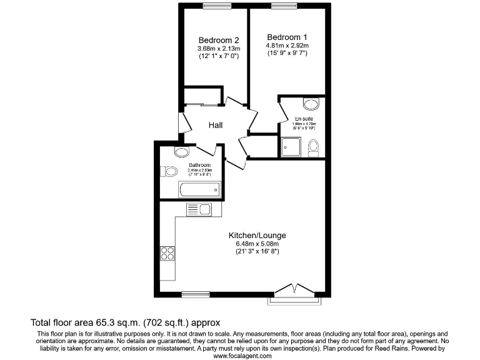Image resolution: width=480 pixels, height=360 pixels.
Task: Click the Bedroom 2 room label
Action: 214,39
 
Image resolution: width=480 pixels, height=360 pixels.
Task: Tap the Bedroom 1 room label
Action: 283,36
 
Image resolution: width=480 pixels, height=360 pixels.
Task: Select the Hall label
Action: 216,125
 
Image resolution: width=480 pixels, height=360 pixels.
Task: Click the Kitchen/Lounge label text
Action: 257,235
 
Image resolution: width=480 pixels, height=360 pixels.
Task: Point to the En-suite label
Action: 304,119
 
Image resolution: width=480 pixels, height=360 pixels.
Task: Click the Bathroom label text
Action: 199,165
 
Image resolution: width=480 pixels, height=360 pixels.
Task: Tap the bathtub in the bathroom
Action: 199,189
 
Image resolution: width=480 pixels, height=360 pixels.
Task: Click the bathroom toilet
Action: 169,171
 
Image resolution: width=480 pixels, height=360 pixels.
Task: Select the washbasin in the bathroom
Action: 182,152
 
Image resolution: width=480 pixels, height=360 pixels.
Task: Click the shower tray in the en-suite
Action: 291,147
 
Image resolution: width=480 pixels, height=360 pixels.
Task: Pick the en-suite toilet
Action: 314,147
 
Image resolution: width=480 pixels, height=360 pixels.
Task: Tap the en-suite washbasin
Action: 311,104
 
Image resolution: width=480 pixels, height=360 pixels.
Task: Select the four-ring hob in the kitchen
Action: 167,252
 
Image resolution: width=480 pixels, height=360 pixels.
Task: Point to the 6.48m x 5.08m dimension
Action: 257,243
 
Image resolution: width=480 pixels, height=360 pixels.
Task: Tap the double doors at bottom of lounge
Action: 294,289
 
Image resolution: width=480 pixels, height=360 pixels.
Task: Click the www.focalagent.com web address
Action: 243,355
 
